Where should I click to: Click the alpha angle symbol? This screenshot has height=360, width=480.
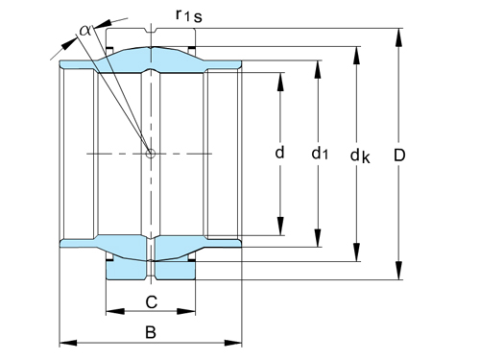pos(85,30)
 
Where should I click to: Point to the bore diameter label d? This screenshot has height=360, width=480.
pos(280,153)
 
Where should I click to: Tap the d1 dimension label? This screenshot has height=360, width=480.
pos(320,153)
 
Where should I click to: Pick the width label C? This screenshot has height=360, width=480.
pos(151,301)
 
